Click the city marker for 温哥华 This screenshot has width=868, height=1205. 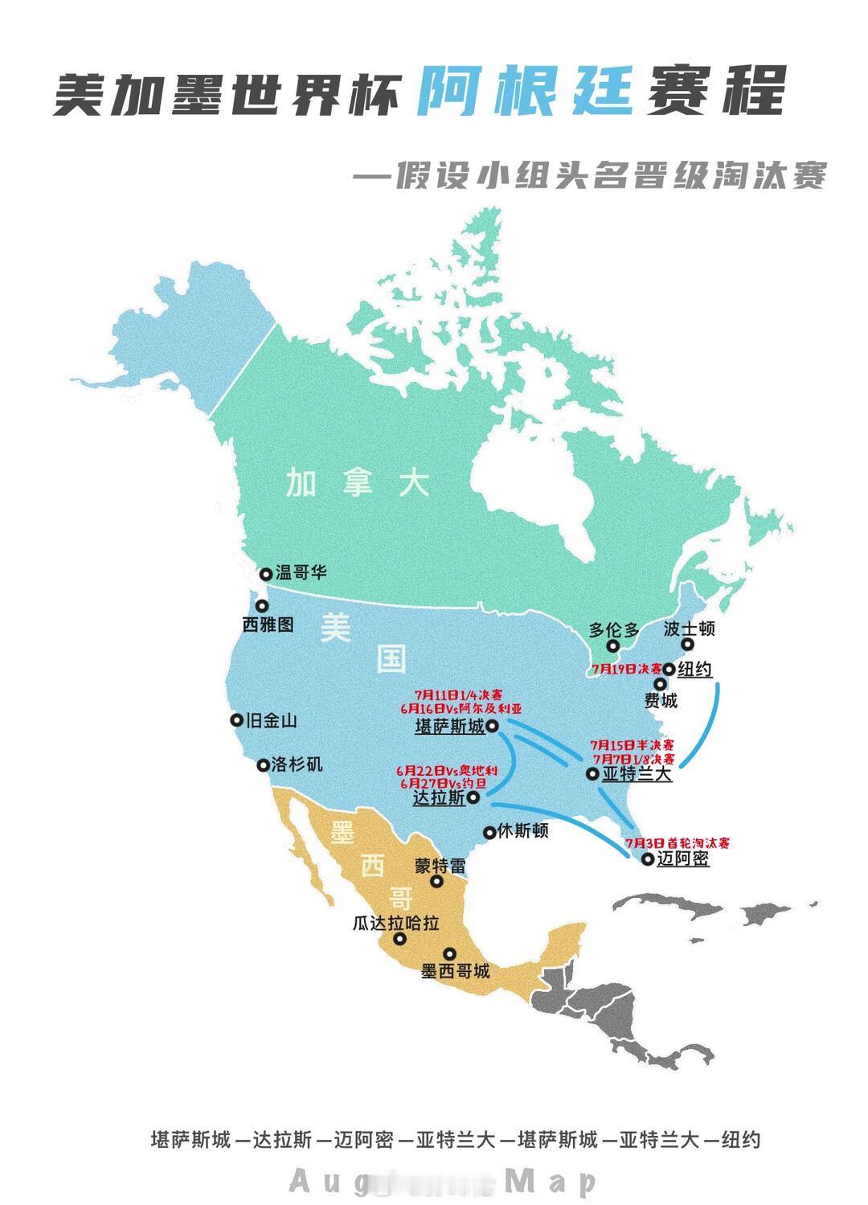266,573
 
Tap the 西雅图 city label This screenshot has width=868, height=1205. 268,623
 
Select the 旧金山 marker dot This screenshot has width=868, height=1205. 236,720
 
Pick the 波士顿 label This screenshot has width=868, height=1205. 690,629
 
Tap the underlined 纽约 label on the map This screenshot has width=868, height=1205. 694,669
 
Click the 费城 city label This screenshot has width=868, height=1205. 661,701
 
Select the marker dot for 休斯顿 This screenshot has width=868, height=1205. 489,832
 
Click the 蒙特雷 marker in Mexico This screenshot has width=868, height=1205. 437,881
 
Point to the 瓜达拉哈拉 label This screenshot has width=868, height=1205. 396,923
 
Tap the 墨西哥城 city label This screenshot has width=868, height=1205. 455,971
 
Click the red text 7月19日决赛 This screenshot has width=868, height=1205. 627,669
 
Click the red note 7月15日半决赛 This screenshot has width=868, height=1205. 633,745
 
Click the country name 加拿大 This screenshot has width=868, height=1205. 358,484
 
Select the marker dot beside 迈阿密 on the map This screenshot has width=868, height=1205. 648,859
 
